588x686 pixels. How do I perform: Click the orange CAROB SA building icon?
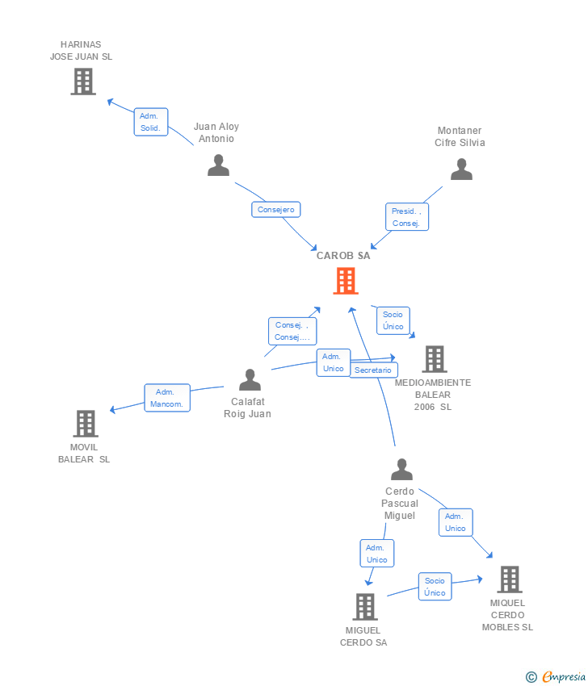pyautogui.click(x=346, y=281)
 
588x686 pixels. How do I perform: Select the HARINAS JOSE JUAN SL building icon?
pyautogui.click(x=83, y=82)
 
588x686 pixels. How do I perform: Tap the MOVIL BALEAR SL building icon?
pyautogui.click(x=86, y=424)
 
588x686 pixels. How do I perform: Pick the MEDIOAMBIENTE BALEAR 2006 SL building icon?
pyautogui.click(x=435, y=359)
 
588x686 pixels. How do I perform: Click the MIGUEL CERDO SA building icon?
pyautogui.click(x=365, y=607)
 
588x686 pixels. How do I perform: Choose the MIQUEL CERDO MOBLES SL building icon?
pyautogui.click(x=510, y=579)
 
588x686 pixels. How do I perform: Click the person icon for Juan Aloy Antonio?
pyautogui.click(x=218, y=165)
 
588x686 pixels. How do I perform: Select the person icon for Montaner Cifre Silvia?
pyautogui.click(x=461, y=169)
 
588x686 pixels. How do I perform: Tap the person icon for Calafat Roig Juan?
pyautogui.click(x=250, y=380)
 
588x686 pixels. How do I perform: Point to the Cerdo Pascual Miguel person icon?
pyautogui.click(x=402, y=470)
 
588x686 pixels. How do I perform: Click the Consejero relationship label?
pyautogui.click(x=276, y=210)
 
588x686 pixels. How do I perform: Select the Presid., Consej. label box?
pyautogui.click(x=407, y=217)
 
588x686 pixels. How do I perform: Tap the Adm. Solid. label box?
pyautogui.click(x=151, y=122)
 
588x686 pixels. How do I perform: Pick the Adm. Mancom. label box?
pyautogui.click(x=167, y=398)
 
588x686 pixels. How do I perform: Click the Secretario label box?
pyautogui.click(x=373, y=370)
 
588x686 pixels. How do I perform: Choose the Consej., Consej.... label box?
pyautogui.click(x=292, y=331)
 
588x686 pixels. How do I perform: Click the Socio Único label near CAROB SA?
pyautogui.click(x=393, y=320)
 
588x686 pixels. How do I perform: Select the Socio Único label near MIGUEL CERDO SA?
pyautogui.click(x=435, y=587)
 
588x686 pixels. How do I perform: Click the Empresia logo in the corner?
pyautogui.click(x=556, y=677)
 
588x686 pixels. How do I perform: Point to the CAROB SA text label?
pyautogui.click(x=343, y=256)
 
